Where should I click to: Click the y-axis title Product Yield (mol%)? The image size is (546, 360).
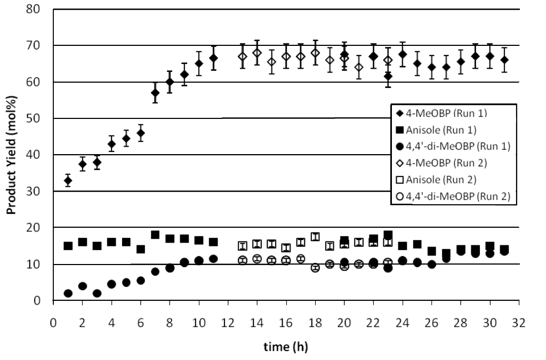tap(11, 155)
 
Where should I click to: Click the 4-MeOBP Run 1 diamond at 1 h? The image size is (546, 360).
tap(68, 181)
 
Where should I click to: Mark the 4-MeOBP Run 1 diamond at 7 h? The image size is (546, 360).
tap(155, 93)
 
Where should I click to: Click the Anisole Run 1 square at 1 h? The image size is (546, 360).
tap(68, 246)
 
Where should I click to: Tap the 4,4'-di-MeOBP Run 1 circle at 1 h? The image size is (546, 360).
tap(68, 293)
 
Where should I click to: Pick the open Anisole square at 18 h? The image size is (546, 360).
tap(315, 237)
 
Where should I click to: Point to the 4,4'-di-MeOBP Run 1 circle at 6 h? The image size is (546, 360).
tap(141, 281)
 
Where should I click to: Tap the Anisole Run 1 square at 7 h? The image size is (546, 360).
tap(155, 235)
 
